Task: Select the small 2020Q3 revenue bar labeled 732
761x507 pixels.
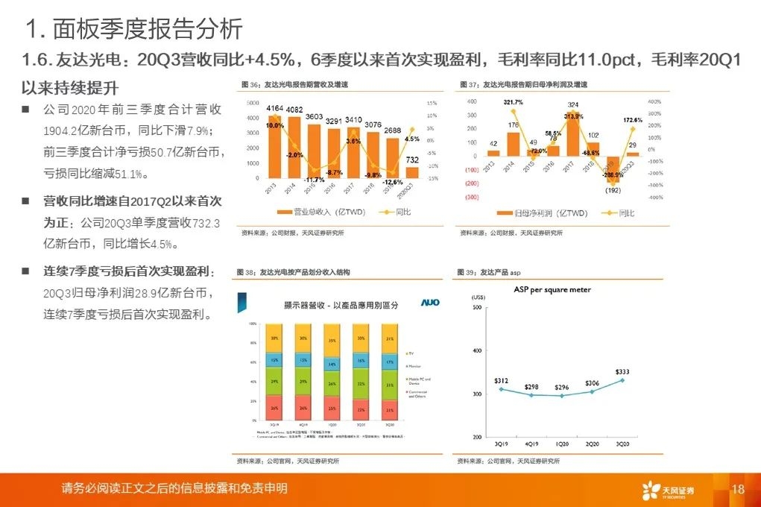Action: pos(411,172)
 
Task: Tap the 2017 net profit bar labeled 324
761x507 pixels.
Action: pos(572,133)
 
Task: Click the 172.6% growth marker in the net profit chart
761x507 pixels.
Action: pos(633,129)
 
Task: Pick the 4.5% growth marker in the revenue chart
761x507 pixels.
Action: pos(411,129)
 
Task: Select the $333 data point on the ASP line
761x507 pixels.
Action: pos(622,380)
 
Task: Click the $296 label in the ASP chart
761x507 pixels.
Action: pos(562,387)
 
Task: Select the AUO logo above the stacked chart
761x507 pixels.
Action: pos(430,303)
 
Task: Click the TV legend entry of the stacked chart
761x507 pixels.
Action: pos(410,353)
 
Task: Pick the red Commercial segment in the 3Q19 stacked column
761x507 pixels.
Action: pos(275,408)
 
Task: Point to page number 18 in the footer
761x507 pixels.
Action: pos(739,489)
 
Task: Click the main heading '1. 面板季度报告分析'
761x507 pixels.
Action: pos(134,29)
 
